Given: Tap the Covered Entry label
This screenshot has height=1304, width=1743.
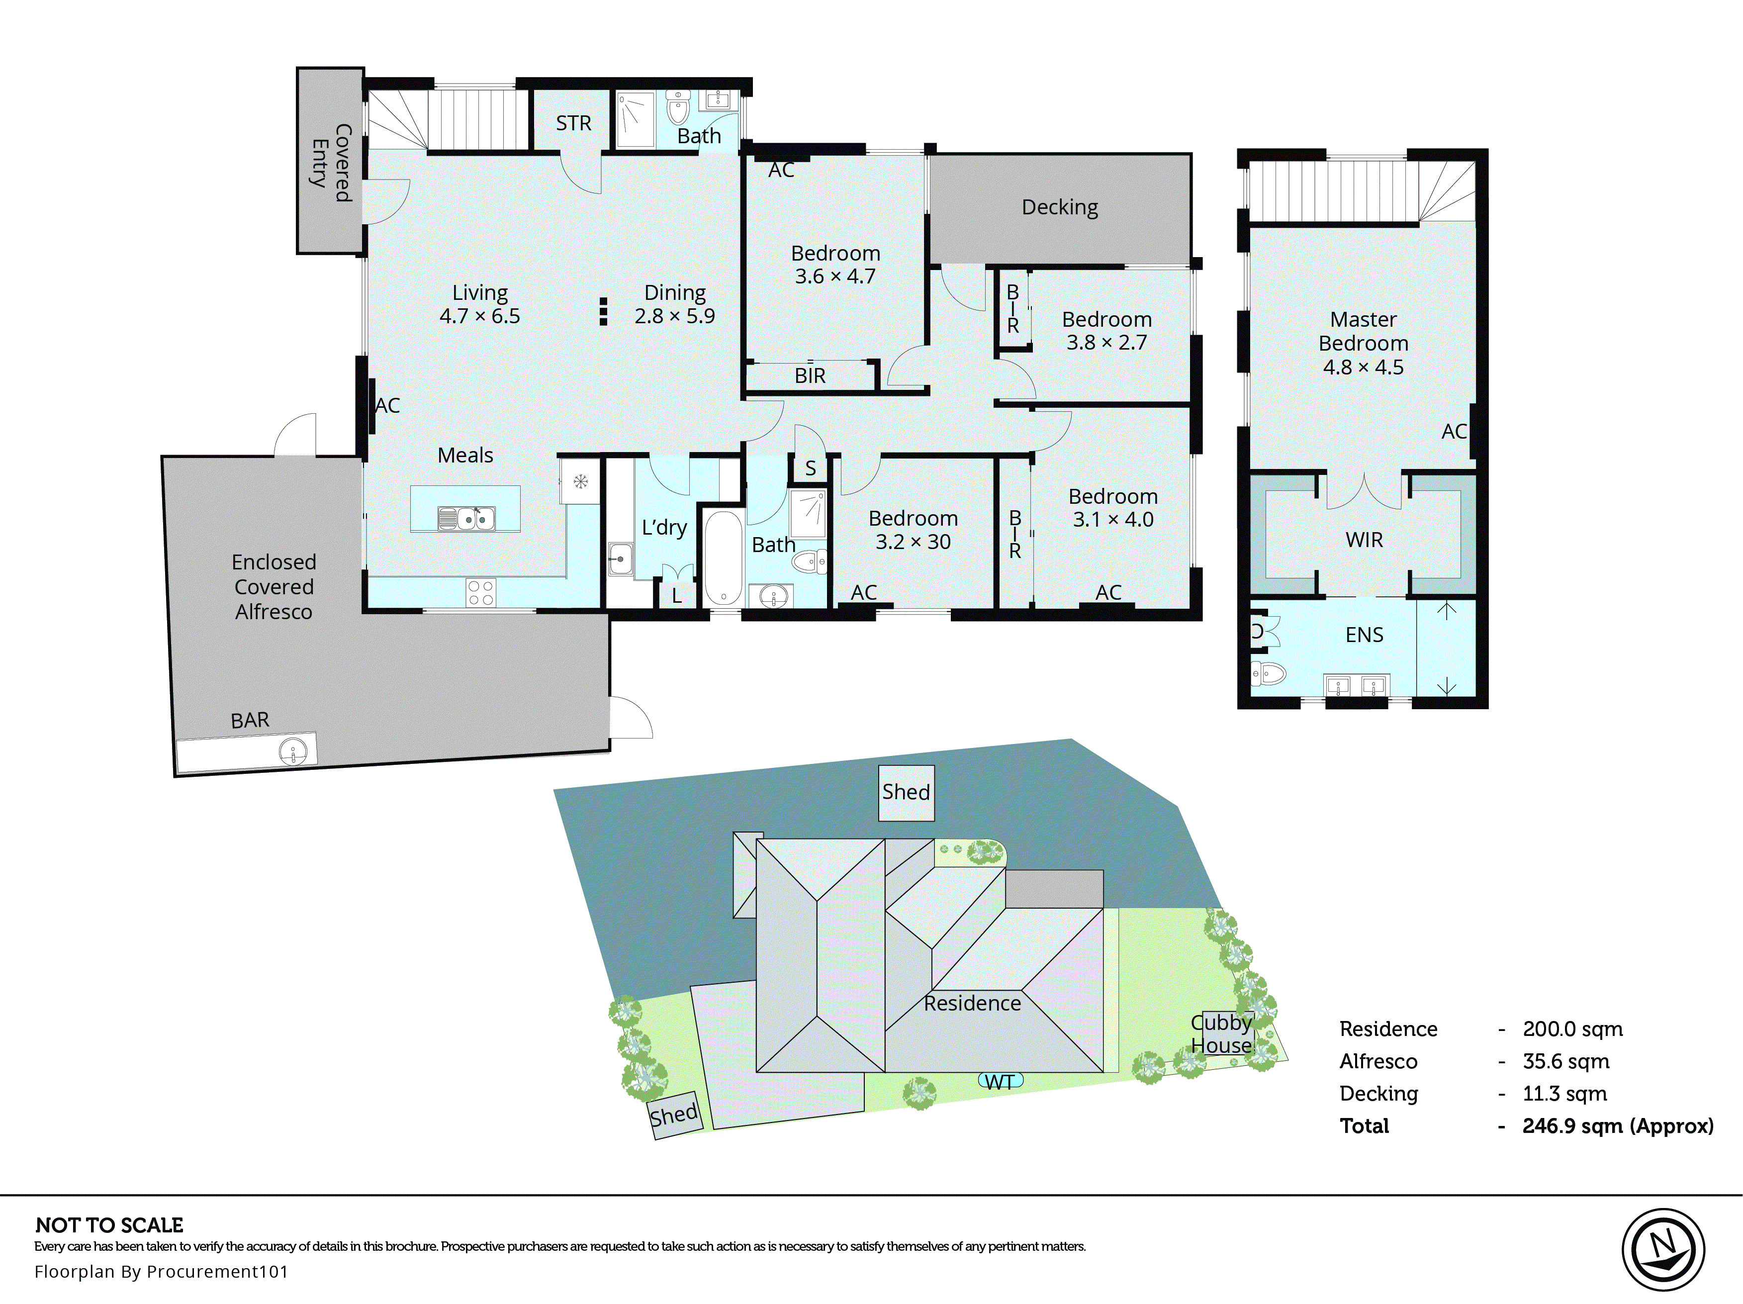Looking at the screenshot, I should tap(331, 163).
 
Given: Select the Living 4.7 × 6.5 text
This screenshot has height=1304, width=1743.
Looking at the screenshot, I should tap(479, 304).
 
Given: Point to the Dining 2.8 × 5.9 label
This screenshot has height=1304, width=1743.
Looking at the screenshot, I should tap(674, 304).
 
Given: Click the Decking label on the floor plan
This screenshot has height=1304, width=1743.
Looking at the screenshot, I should tap(1059, 207).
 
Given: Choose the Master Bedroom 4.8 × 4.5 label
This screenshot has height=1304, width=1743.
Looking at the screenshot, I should tap(1363, 343).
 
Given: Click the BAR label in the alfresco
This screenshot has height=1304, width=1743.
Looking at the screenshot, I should tap(250, 720).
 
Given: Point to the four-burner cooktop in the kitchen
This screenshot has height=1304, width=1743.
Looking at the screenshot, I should tap(481, 592).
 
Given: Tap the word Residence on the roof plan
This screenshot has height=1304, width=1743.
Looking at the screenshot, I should tap(972, 1003).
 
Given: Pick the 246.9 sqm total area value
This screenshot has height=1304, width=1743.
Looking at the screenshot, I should tap(1617, 1126).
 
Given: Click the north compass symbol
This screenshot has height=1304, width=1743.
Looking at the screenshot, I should tap(1662, 1250).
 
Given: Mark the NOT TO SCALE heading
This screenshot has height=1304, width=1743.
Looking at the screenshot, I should tap(109, 1225).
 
